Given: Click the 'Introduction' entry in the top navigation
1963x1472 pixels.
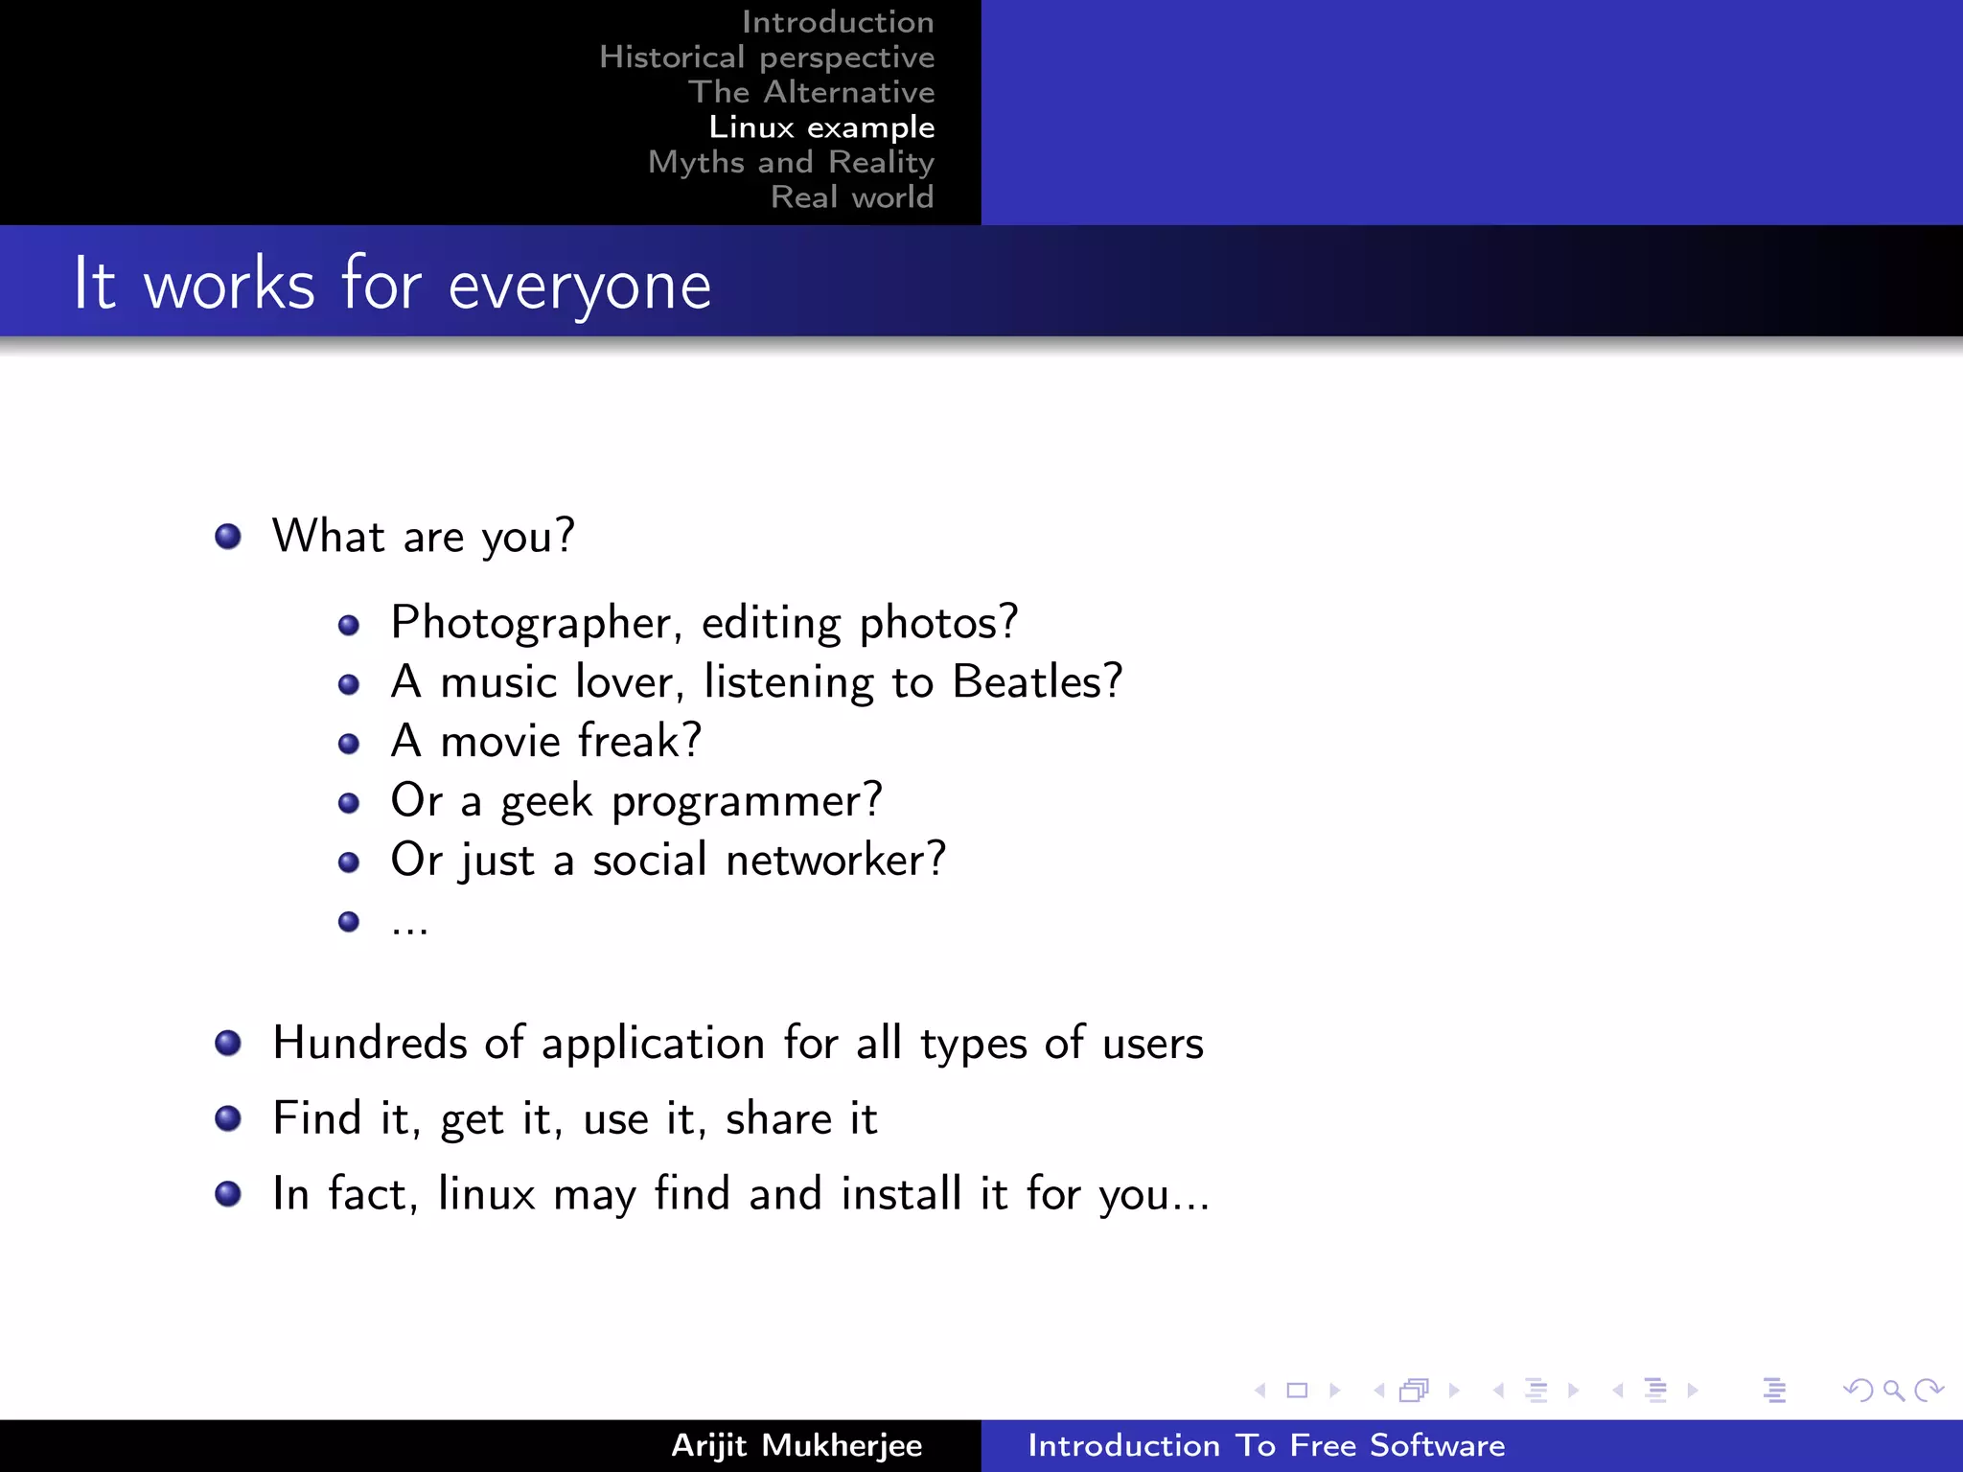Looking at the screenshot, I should coord(837,22).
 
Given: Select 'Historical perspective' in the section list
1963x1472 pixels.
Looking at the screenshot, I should coord(766,57).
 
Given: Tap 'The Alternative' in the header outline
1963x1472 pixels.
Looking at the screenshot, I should coord(811,92).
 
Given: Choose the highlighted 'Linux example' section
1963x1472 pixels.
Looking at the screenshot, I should coord(821,127).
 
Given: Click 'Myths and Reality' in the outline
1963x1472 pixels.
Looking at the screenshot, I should coord(791,162).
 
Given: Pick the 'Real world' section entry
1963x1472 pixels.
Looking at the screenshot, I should coord(851,197).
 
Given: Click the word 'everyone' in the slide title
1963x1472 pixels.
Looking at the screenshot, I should coord(579,287).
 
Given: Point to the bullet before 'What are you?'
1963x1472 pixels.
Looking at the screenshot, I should coord(228,536).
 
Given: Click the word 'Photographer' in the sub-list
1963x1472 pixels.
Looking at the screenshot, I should coord(530,624).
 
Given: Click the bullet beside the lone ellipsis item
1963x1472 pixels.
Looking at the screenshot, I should coord(349,922).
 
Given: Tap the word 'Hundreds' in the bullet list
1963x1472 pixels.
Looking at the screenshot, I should coord(369,1043).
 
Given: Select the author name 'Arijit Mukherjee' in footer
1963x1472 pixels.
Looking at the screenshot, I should coord(797,1445).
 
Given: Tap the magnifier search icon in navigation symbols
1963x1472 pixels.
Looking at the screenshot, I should coord(1893,1391).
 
